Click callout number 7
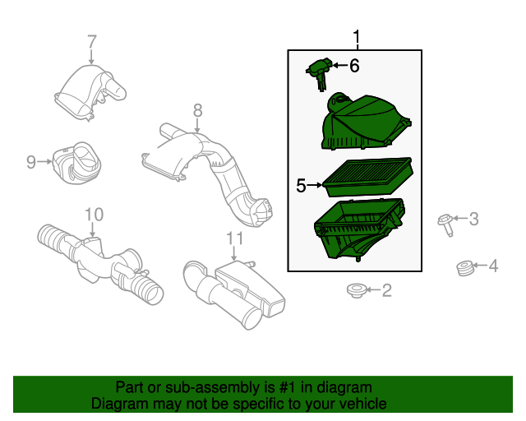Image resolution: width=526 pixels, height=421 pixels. pyautogui.click(x=92, y=42)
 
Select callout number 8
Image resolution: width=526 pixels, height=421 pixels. pyautogui.click(x=197, y=110)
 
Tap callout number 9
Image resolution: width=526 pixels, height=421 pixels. pyautogui.click(x=31, y=162)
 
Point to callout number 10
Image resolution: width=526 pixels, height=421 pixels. pyautogui.click(x=94, y=215)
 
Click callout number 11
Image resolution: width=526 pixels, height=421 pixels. pyautogui.click(x=234, y=238)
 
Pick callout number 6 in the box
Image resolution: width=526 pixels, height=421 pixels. pyautogui.click(x=354, y=66)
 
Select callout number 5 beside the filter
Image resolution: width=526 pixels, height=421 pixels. pyautogui.click(x=301, y=186)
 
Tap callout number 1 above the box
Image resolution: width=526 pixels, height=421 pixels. pyautogui.click(x=357, y=37)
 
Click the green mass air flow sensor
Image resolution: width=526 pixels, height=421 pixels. pyautogui.click(x=320, y=74)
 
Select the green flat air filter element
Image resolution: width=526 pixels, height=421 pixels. pyautogui.click(x=367, y=177)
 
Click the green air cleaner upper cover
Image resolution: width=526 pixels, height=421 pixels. pyautogui.click(x=366, y=122)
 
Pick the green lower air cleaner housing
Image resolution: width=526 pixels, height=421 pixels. pyautogui.click(x=360, y=229)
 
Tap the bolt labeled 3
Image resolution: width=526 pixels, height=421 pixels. pyautogui.click(x=446, y=224)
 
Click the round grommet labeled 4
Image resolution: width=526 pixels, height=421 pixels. pyautogui.click(x=465, y=268)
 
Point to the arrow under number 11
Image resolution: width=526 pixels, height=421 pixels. pyautogui.click(x=233, y=254)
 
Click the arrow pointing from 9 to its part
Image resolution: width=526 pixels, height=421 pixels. pyautogui.click(x=45, y=162)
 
